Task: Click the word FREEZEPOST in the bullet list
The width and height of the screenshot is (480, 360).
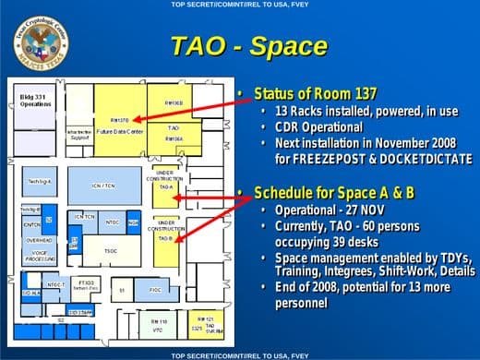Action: (x=330, y=159)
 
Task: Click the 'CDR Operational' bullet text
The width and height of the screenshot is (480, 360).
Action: (x=318, y=126)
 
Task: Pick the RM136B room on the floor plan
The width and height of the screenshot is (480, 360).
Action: (x=174, y=103)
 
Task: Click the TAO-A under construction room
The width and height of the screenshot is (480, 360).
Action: (x=165, y=186)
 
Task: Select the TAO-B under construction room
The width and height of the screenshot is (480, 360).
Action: (x=165, y=237)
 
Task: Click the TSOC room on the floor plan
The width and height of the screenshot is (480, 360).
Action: (x=110, y=250)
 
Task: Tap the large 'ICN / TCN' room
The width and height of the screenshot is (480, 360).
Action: (x=102, y=185)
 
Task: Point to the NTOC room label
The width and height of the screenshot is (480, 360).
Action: (x=112, y=222)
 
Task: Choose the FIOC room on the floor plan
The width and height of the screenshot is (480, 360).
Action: (x=155, y=290)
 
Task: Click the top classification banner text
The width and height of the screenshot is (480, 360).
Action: (x=239, y=5)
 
